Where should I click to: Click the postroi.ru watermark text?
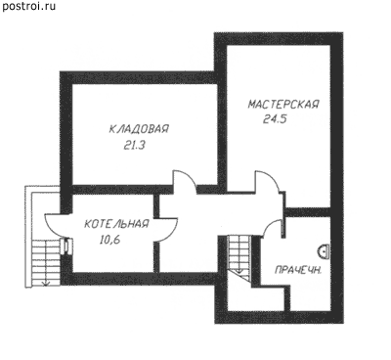pos(28,7)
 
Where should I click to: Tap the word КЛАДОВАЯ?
pos(139,129)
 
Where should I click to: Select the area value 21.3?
pos(134,146)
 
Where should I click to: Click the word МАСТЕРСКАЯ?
pos(283,105)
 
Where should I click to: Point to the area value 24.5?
pos(275,119)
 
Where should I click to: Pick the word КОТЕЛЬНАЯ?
pos(116,224)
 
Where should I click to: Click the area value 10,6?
pos(109,241)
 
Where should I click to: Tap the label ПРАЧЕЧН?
pos(298,270)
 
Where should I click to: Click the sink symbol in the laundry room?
pos(324,251)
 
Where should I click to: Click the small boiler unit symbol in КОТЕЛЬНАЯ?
pos(67,246)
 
